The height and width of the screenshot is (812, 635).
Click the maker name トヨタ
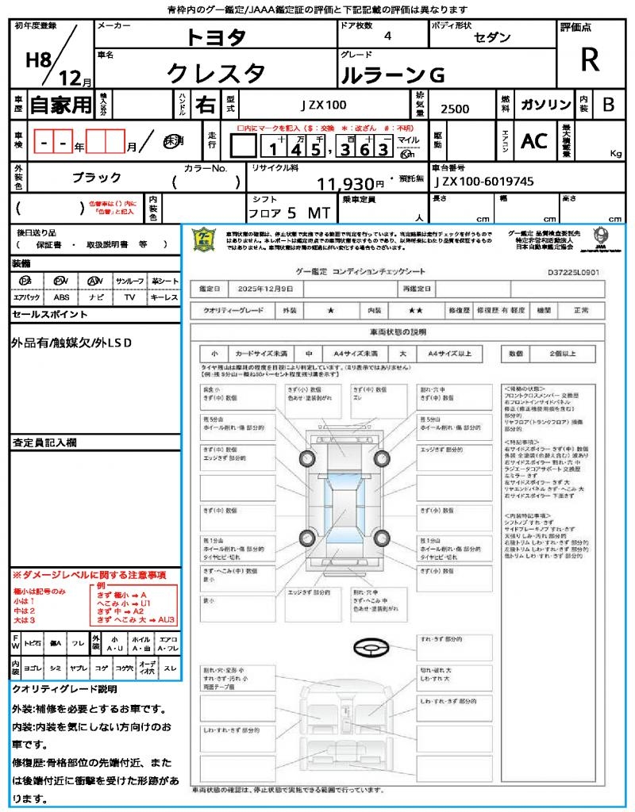click(216, 37)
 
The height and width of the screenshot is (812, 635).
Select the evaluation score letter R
click(590, 59)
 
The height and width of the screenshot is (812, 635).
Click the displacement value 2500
click(455, 109)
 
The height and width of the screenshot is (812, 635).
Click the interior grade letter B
click(608, 105)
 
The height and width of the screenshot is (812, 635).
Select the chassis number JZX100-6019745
click(483, 182)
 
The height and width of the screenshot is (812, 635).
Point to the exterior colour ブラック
click(96, 178)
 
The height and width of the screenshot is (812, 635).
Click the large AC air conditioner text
click(534, 141)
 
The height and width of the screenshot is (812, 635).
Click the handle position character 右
click(205, 105)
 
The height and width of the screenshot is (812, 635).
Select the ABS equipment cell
click(61, 297)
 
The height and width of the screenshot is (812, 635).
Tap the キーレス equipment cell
click(164, 297)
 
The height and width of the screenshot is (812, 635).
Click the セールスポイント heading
click(50, 315)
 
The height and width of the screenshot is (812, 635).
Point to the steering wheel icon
click(372, 648)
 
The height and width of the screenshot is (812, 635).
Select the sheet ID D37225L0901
click(573, 272)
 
